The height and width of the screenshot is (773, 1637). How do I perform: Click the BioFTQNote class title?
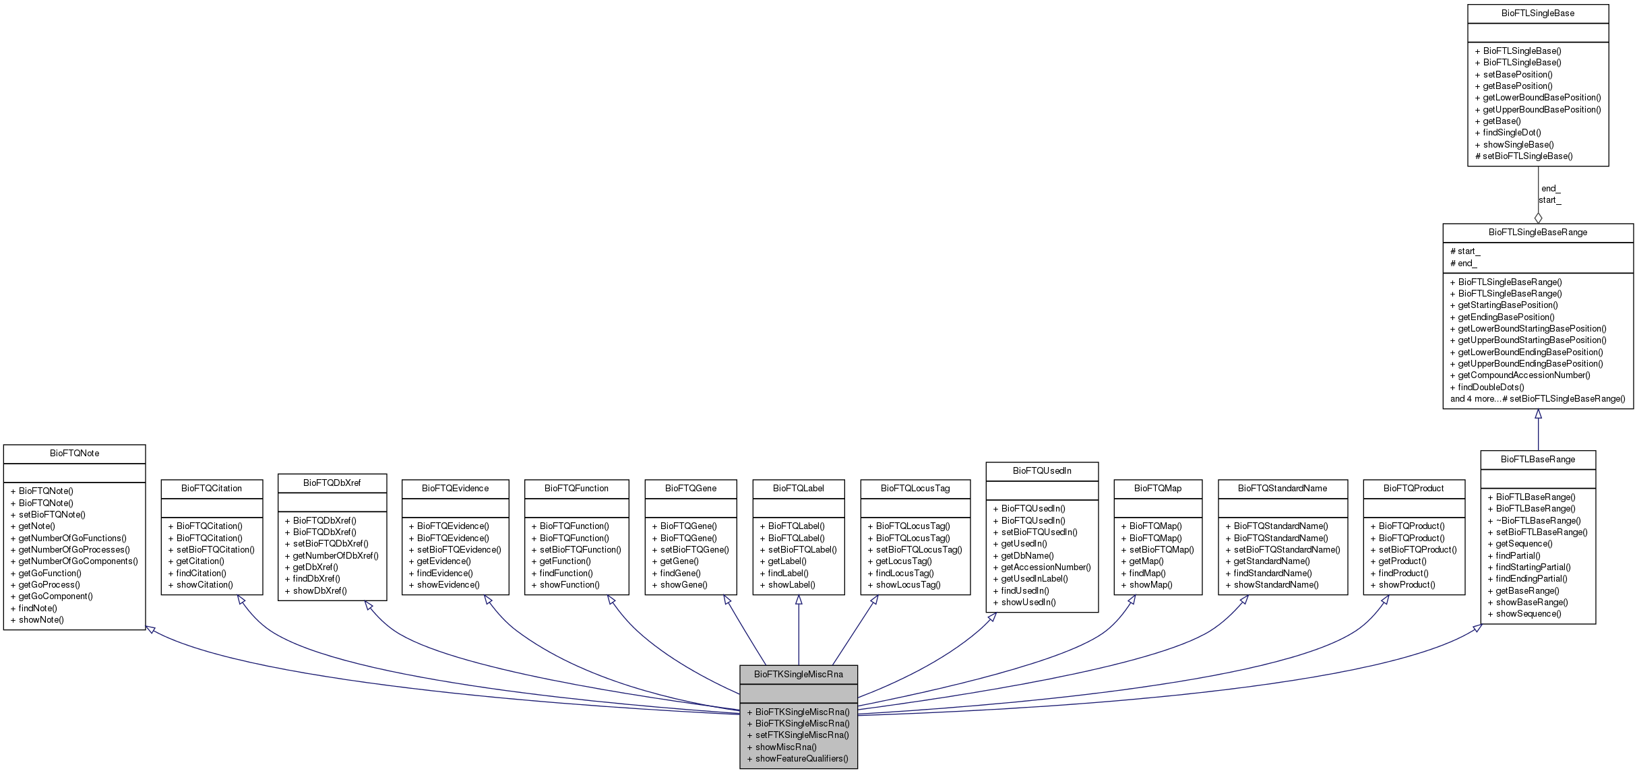[74, 454]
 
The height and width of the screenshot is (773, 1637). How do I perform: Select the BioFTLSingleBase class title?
[1538, 13]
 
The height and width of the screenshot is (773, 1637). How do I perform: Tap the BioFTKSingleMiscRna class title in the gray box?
[798, 674]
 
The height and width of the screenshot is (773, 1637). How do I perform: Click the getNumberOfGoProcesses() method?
[74, 550]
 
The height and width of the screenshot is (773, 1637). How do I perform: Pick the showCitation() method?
[205, 585]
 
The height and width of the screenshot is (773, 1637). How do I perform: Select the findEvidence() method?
[445, 574]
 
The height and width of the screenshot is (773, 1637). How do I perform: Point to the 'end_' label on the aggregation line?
[1551, 189]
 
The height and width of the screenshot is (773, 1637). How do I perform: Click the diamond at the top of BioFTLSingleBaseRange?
[1538, 218]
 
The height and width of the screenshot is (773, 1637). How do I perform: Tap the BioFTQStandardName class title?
[1283, 489]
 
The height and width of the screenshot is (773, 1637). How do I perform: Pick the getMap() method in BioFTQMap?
[1146, 561]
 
